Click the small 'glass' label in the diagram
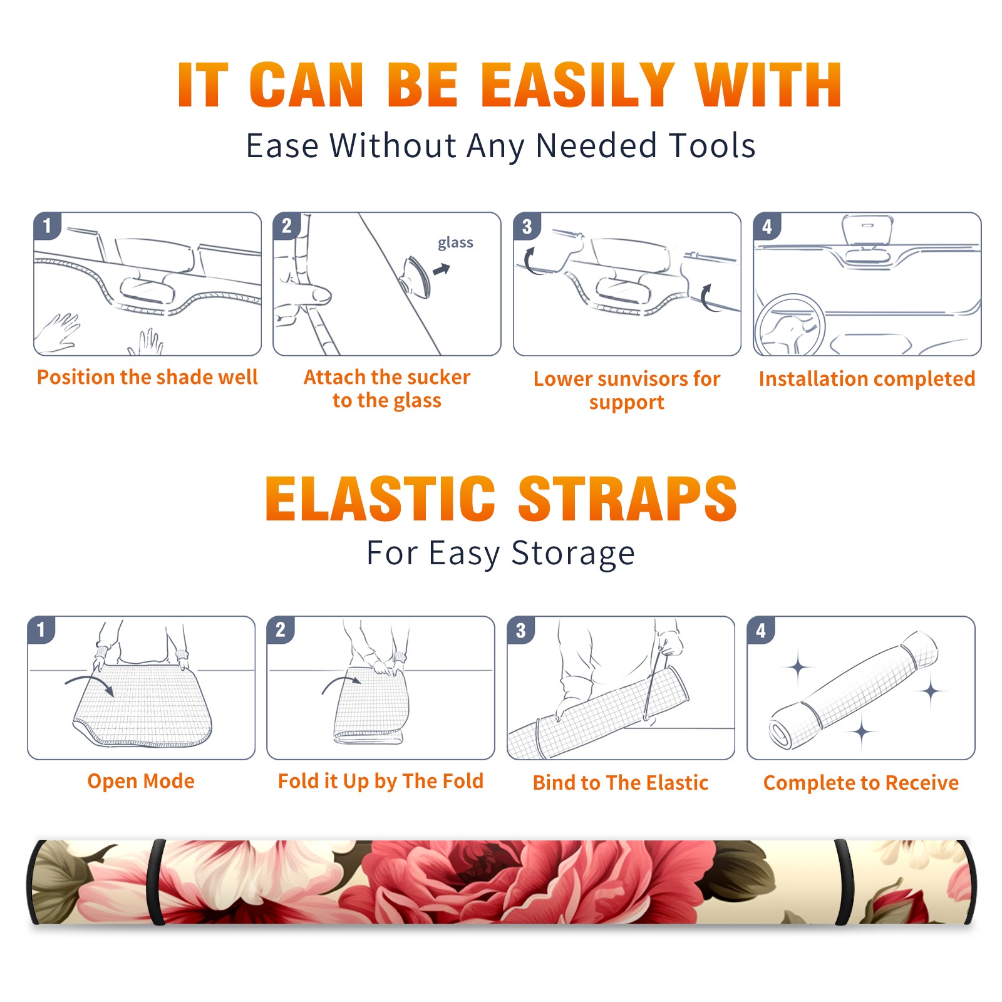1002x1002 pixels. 455,243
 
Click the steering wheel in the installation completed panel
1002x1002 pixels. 790,326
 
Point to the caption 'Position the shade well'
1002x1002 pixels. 147,377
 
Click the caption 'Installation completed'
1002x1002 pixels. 867,378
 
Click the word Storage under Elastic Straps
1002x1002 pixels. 573,554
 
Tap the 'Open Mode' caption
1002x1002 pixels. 141,781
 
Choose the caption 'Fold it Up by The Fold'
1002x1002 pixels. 381,781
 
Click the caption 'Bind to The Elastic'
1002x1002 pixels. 621,783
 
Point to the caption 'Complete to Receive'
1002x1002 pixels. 861,783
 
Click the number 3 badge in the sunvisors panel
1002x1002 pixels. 527,226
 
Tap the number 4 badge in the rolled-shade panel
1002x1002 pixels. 761,630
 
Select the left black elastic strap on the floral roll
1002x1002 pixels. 156,882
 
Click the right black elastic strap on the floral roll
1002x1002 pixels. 845,882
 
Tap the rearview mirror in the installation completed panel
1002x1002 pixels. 867,230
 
